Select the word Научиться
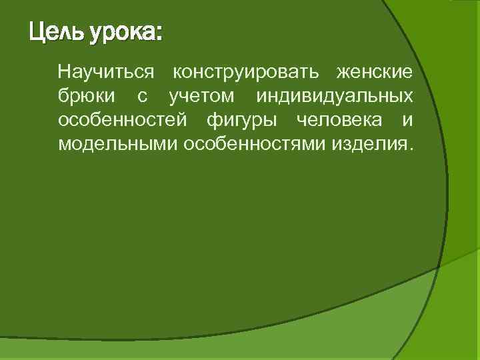(106, 72)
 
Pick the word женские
(373, 72)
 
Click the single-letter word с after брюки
(141, 97)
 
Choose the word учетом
(201, 97)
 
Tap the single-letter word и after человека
(407, 121)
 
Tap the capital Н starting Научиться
(64, 71)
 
